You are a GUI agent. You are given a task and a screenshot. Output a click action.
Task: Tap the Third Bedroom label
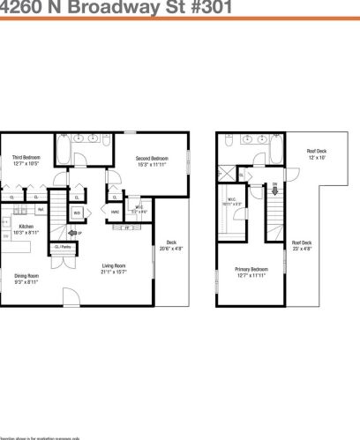(x=25, y=160)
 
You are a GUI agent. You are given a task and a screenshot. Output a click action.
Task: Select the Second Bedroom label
(x=151, y=160)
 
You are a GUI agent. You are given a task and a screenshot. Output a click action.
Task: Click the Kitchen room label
(x=26, y=228)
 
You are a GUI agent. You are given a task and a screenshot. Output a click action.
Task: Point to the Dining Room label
(x=26, y=280)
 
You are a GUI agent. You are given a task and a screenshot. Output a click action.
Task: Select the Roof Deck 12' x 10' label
(x=317, y=153)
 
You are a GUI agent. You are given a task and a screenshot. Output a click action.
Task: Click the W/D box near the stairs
(x=77, y=213)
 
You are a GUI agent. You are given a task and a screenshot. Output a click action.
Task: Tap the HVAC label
(x=115, y=212)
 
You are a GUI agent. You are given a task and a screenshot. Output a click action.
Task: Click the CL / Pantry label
(x=63, y=248)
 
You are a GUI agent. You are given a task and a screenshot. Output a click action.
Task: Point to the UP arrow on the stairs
(x=79, y=233)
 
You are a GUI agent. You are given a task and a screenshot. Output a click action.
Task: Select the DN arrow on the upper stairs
(x=274, y=185)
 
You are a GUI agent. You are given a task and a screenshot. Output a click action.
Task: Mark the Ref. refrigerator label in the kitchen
(x=41, y=210)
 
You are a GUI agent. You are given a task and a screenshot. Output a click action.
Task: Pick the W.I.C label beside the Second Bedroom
(x=139, y=210)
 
